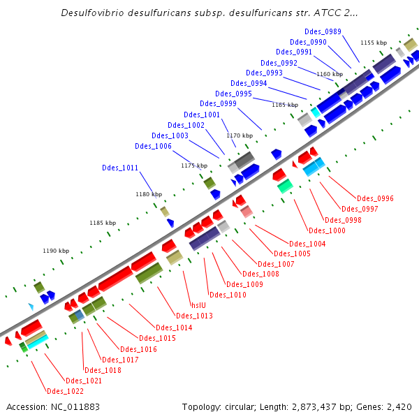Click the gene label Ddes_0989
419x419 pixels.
(x=323, y=31)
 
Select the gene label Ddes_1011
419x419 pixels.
(x=120, y=168)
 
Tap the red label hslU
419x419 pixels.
(x=199, y=305)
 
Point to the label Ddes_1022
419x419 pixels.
(x=65, y=391)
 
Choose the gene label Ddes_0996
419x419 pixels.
(x=375, y=198)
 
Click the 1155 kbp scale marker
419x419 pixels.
(x=374, y=43)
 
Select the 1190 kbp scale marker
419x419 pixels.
(x=56, y=251)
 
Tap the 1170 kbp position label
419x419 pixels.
(x=239, y=135)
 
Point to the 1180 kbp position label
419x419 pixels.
(x=149, y=194)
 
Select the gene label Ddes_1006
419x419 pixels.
(x=153, y=146)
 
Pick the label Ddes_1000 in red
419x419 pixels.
(x=327, y=230)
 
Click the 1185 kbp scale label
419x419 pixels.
(x=102, y=223)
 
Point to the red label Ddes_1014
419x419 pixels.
(x=174, y=328)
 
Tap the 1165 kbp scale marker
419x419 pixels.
(x=285, y=105)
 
